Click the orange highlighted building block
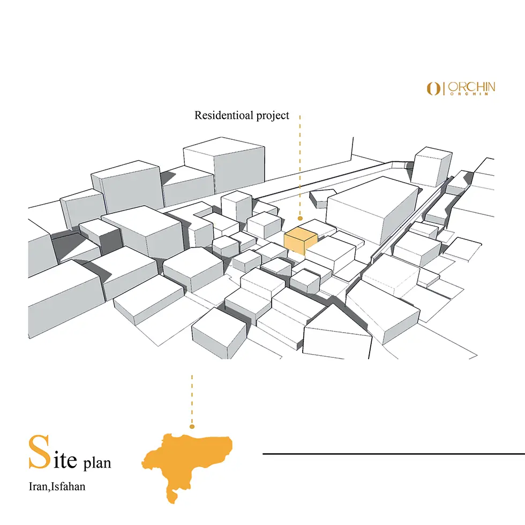pos(301,241)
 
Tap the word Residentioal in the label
pos(224,115)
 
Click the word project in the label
pos(273,116)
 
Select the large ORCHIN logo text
pos(471,87)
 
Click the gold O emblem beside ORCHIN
pos(433,89)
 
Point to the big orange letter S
pos(40,452)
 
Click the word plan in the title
pos(97,463)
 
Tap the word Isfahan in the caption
pos(69,486)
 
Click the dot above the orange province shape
pos(192,426)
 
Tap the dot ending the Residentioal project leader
pos(300,219)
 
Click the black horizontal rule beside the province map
pos(394,454)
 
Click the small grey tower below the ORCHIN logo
pos(431,167)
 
